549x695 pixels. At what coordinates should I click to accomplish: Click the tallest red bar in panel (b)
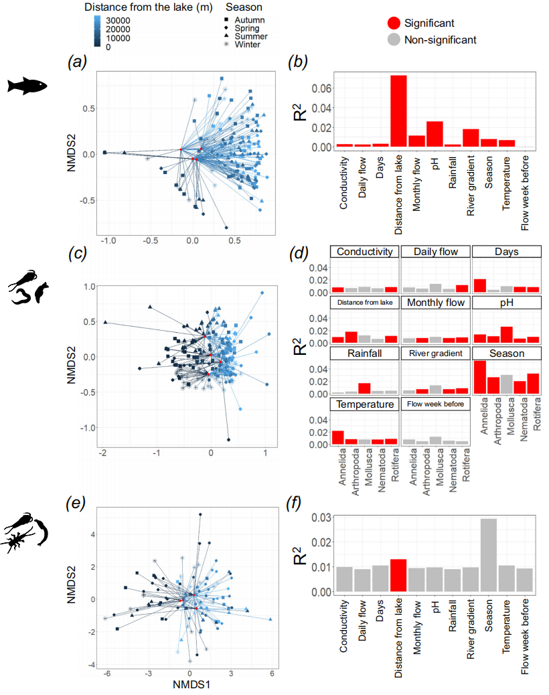coord(399,110)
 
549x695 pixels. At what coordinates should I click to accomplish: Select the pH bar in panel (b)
coord(435,134)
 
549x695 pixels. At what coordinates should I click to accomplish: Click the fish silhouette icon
coord(27,85)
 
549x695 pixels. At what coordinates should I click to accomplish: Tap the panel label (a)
coord(78,62)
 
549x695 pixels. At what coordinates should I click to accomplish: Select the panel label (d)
coord(297,254)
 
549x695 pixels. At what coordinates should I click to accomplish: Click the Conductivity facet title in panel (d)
coord(364,252)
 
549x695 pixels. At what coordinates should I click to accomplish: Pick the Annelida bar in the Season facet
coord(479,378)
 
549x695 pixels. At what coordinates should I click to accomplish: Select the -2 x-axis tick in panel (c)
coord(103,453)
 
